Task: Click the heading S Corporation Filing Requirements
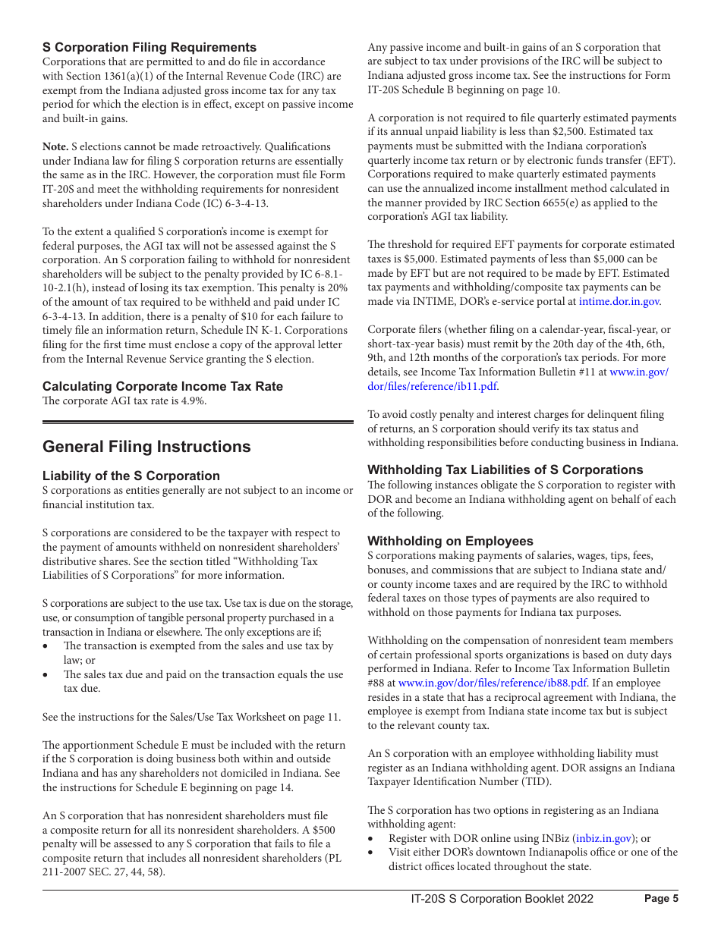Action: pyautogui.click(x=150, y=47)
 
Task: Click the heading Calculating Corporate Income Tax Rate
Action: pyautogui.click(x=162, y=386)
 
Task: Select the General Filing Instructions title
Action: pyautogui.click(x=146, y=447)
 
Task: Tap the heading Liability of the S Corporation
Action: pyautogui.click(x=131, y=476)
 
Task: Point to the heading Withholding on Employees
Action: pyautogui.click(x=450, y=541)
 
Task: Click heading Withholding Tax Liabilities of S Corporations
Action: pyautogui.click(x=505, y=470)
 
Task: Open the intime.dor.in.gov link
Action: pyautogui.click(x=619, y=302)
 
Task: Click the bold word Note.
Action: pyautogui.click(x=55, y=146)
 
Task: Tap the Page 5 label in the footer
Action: pyautogui.click(x=661, y=899)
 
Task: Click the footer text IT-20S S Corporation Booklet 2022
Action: pyautogui.click(x=502, y=899)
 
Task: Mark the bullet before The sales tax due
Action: pyautogui.click(x=46, y=675)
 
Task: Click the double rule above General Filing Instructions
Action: pyautogui.click(x=197, y=422)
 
